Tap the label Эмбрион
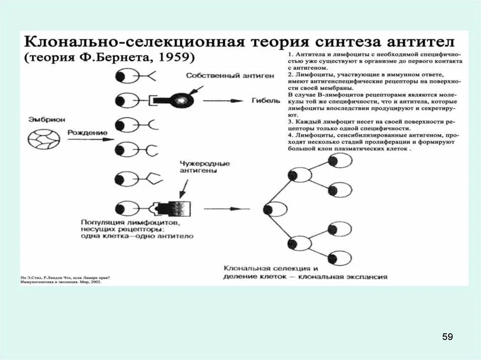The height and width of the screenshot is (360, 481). [41, 119]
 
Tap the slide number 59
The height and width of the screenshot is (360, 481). [447, 337]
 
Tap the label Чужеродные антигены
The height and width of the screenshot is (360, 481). [198, 168]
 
